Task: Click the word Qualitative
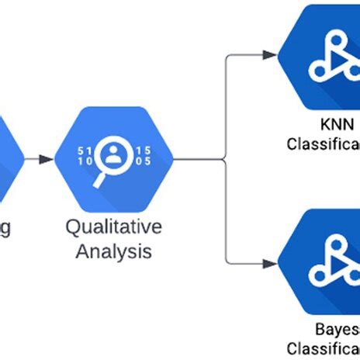(114, 228)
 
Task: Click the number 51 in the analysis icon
(86, 150)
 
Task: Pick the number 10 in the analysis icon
(86, 161)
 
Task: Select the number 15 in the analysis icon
(144, 150)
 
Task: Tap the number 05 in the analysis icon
(144, 161)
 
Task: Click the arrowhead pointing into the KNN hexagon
(269, 54)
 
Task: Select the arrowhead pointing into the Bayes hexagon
(269, 264)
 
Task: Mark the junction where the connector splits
(225, 159)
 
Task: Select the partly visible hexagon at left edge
(9, 159)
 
